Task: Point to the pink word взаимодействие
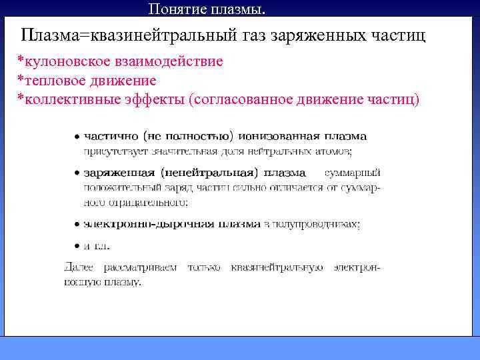click(x=169, y=62)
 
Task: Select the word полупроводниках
click(x=315, y=224)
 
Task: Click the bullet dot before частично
click(x=77, y=137)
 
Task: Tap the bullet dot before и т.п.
click(x=77, y=245)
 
